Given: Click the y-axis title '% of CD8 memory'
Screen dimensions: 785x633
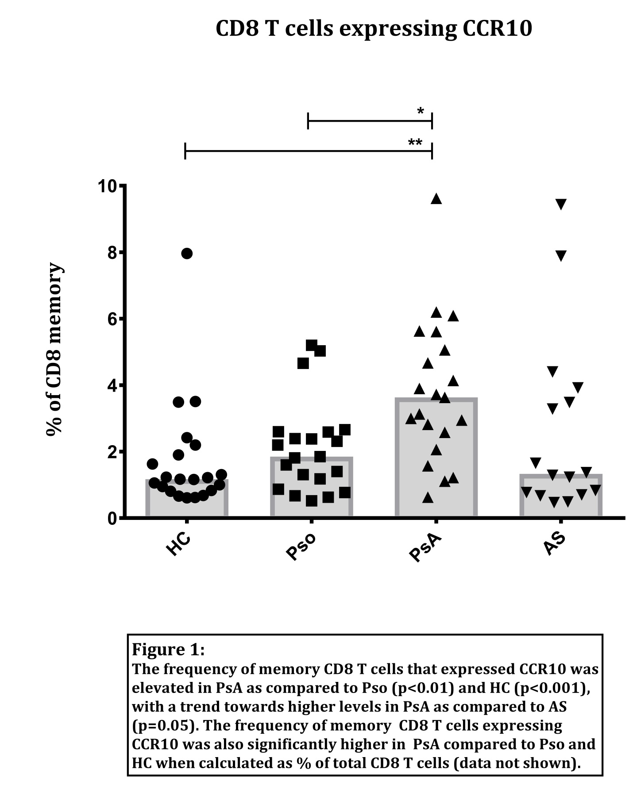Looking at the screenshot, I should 54,349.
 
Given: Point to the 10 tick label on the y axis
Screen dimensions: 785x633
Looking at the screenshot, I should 108,186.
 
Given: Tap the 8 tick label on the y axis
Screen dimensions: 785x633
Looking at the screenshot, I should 112,253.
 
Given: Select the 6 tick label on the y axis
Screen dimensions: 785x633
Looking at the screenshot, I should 112,319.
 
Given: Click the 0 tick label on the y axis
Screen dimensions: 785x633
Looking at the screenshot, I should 112,518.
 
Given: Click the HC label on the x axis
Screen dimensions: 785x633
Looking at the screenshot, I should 178,544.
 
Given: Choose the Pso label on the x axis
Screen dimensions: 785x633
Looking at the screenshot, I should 301,547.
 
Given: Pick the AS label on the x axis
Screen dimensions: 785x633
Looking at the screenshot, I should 554,543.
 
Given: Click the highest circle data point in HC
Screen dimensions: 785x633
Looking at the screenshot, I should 187,254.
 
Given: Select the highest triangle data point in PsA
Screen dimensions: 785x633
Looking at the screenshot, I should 436,199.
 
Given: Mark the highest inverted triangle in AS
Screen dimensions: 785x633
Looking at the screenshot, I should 561,204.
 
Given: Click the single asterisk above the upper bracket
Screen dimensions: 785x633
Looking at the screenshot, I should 421,112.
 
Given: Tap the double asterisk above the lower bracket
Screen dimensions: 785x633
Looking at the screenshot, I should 415,143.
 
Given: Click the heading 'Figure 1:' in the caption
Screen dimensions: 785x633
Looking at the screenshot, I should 168,650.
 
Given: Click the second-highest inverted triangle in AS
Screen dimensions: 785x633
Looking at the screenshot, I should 561,256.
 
